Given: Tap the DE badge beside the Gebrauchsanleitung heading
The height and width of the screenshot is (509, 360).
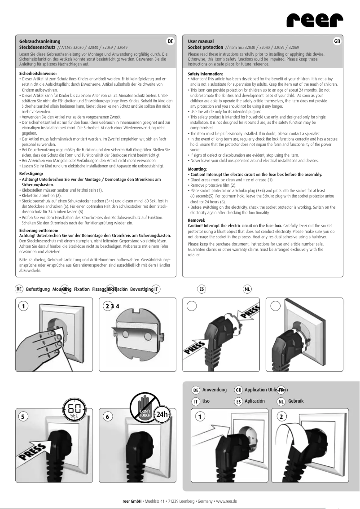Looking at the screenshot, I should pos(170,41).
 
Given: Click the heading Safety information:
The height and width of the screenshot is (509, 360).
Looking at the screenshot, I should pos(205,73).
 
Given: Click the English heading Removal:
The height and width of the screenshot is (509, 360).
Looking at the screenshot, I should pos(197,220).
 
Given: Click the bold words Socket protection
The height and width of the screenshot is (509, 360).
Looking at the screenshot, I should pos(205,47).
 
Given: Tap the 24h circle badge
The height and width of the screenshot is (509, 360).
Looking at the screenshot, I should pos(162,414).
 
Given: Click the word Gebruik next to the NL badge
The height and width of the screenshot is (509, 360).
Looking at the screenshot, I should pos(297,400).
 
